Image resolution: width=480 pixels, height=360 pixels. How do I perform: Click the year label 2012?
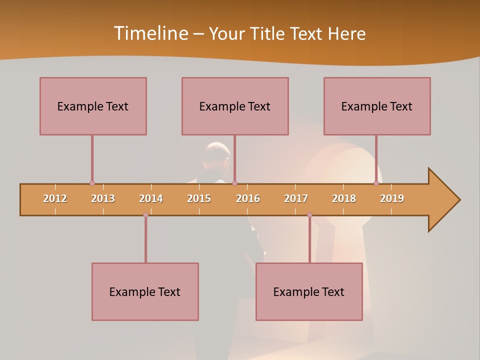tap(55, 198)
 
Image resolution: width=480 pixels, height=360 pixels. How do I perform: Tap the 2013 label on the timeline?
tap(103, 198)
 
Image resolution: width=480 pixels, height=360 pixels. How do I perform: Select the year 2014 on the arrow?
tap(151, 198)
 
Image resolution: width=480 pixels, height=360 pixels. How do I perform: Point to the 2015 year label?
tap(199, 198)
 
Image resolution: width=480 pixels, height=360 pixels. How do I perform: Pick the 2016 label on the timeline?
tap(248, 198)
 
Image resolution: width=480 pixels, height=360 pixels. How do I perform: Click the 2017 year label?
tap(296, 198)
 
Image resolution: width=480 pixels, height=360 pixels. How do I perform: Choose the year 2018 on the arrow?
tap(344, 198)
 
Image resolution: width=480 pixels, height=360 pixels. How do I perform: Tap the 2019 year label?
tap(392, 198)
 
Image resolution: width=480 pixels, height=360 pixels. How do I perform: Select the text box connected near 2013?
tap(93, 106)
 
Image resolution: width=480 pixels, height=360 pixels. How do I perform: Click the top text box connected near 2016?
tap(235, 106)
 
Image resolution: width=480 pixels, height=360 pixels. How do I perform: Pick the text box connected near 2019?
tap(377, 106)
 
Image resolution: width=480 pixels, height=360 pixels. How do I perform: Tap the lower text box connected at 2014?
tap(145, 291)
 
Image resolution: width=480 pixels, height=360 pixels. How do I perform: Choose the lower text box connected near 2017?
tap(309, 291)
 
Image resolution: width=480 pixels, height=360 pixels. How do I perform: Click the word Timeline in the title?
tap(150, 33)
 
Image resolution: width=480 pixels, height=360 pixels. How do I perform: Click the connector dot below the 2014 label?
tap(145, 214)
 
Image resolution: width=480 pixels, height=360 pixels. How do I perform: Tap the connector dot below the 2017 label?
tap(309, 214)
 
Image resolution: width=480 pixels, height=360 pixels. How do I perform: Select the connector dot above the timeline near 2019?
tap(376, 183)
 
